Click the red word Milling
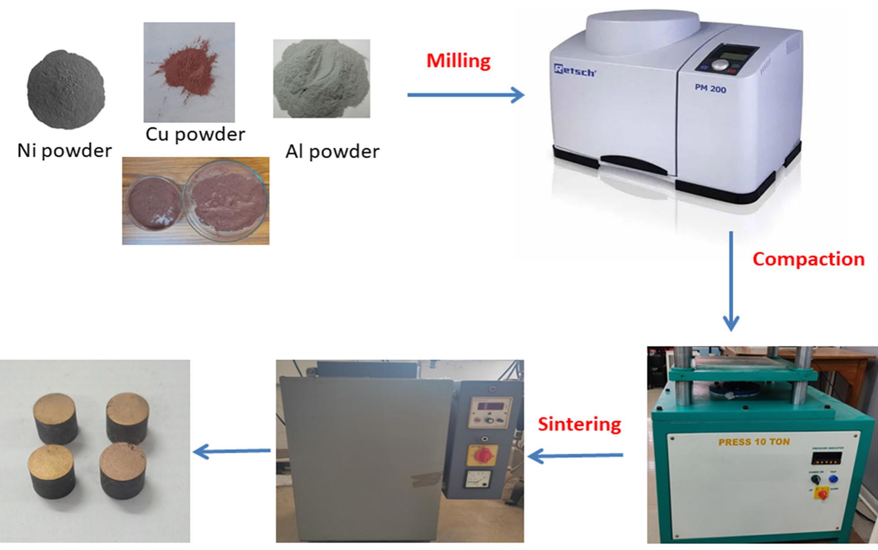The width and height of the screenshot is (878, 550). point(458,61)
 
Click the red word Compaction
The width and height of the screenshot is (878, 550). point(808,259)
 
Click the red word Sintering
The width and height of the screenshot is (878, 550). point(579,424)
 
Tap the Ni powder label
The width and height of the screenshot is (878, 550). point(64,151)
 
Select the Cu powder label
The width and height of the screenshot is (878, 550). point(195,134)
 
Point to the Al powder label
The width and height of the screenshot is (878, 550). point(332,152)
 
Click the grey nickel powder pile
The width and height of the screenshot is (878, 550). point(66,89)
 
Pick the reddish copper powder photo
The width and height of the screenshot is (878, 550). point(189,72)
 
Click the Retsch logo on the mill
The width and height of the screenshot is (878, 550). point(574,70)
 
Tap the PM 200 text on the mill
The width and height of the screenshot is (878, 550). point(710,89)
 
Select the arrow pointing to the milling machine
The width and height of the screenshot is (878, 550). point(466,95)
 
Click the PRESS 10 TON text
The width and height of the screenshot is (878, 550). point(754,442)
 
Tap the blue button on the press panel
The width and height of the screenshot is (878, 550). point(833,479)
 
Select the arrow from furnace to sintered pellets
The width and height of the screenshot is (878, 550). point(232,452)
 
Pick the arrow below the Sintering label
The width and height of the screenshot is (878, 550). point(576,456)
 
